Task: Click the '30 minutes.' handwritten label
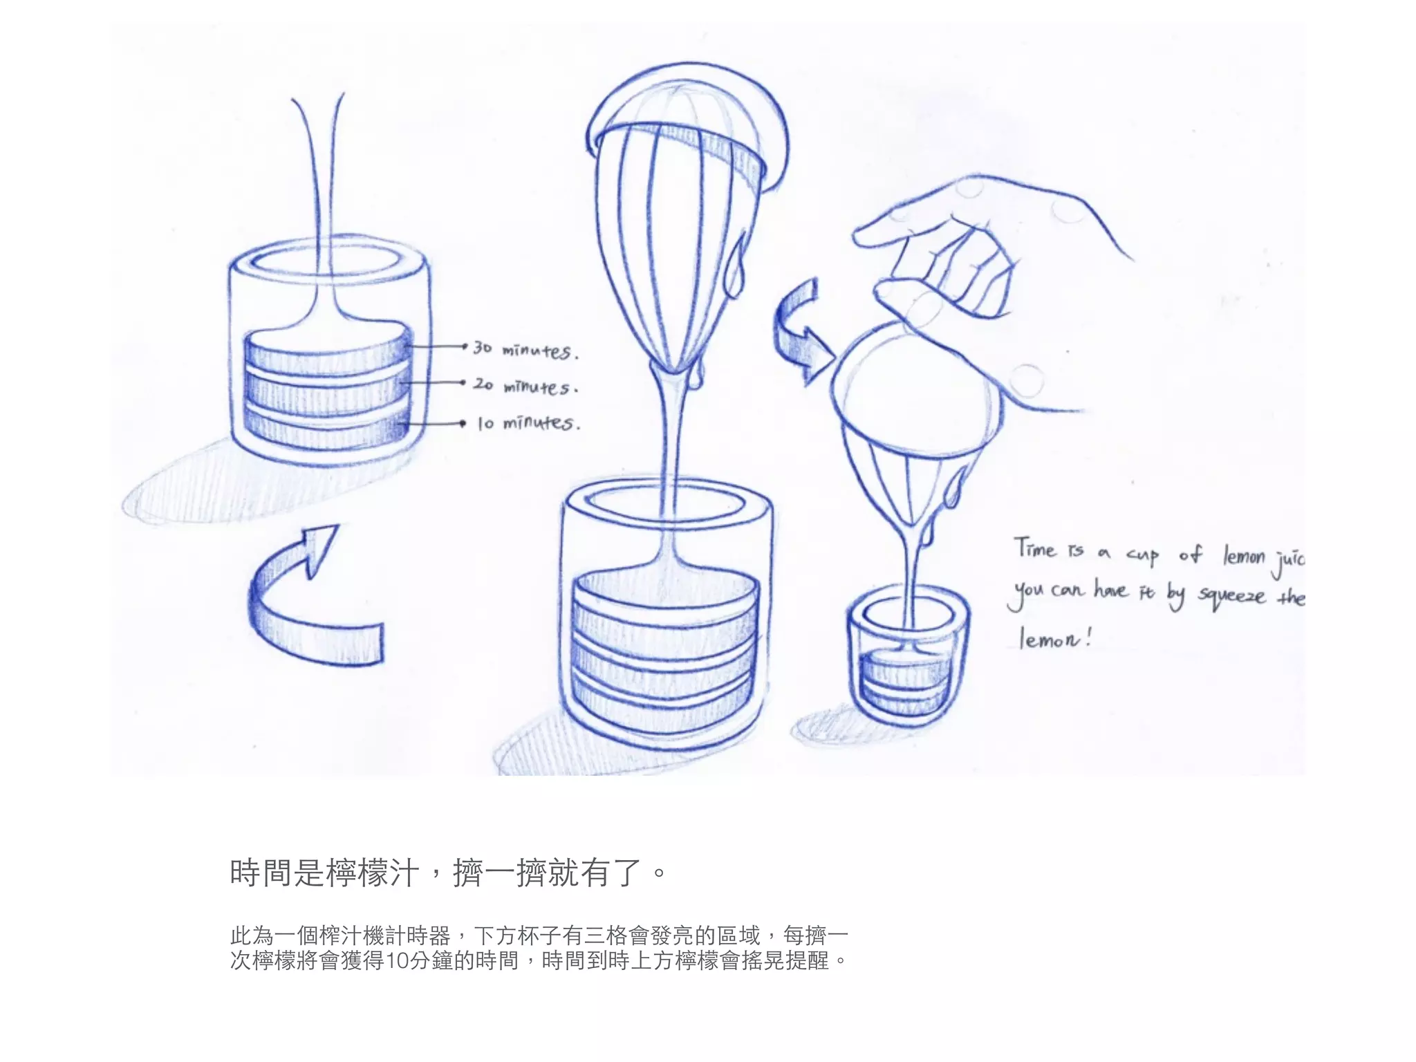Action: click(x=525, y=349)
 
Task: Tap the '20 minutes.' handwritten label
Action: click(x=525, y=385)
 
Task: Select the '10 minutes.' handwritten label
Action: click(x=529, y=422)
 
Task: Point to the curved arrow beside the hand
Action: click(x=802, y=332)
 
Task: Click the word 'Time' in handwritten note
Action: click(x=1035, y=549)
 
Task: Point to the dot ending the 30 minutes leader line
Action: click(x=465, y=346)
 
